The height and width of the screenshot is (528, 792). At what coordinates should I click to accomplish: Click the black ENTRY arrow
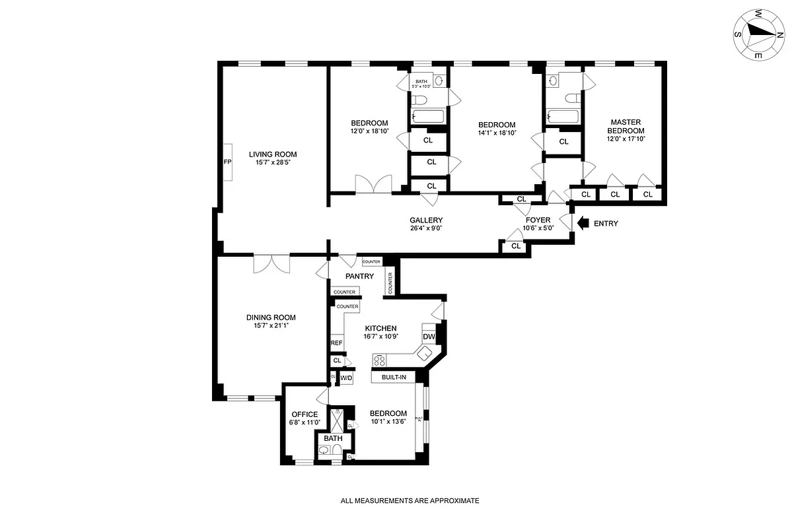tap(583, 223)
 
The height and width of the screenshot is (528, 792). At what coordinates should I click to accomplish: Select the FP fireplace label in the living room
tap(227, 162)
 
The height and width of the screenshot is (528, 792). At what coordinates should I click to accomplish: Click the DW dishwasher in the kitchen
tap(429, 337)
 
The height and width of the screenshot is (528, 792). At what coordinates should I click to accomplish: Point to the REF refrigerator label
tap(336, 343)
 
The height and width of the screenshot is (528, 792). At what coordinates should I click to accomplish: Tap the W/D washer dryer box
tap(346, 378)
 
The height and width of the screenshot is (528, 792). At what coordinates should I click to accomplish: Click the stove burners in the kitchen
tap(381, 360)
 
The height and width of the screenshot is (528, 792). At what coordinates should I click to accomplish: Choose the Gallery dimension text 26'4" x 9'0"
tap(425, 229)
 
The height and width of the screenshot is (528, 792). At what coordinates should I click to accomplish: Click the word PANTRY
tap(359, 277)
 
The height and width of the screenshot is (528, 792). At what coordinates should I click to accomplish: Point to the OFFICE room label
tap(305, 414)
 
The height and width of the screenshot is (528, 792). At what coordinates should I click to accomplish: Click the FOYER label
tap(538, 220)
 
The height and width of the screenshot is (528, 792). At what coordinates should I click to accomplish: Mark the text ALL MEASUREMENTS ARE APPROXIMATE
tap(410, 501)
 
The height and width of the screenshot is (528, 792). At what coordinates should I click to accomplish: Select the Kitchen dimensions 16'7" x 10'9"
tap(380, 337)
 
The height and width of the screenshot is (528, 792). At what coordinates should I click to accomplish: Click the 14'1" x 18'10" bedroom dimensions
tap(496, 133)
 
